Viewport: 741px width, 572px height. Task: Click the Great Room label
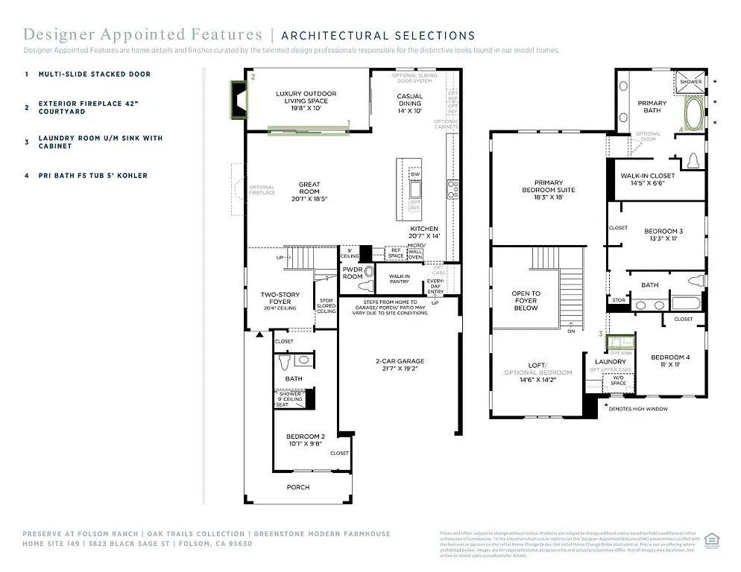pyautogui.click(x=309, y=189)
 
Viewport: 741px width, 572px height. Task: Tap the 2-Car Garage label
pyautogui.click(x=400, y=365)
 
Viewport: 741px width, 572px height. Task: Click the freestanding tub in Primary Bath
pyautogui.click(x=693, y=113)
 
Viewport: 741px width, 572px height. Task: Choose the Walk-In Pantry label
pyautogui.click(x=399, y=279)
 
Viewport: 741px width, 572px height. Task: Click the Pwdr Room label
pyautogui.click(x=353, y=273)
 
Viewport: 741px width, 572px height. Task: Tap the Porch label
pyautogui.click(x=298, y=487)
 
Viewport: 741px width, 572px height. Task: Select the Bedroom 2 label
pyautogui.click(x=306, y=440)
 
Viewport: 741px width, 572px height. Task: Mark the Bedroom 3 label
pyautogui.click(x=663, y=235)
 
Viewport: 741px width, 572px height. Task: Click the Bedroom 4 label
pyautogui.click(x=669, y=361)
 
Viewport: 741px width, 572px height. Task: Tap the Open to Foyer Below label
pyautogui.click(x=526, y=300)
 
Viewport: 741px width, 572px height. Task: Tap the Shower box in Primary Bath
pyautogui.click(x=689, y=82)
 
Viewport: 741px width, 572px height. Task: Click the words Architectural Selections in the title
pyautogui.click(x=378, y=35)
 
